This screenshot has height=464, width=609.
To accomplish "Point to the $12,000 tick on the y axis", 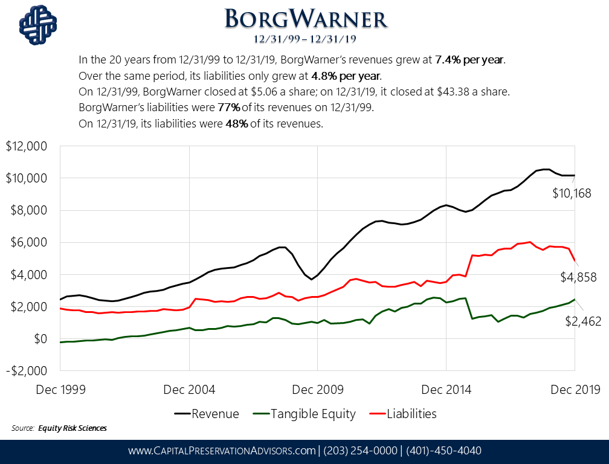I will coord(28,147).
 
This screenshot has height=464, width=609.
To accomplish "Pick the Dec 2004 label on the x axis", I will coord(189,389).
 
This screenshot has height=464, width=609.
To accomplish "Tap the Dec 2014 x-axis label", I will coord(445,389).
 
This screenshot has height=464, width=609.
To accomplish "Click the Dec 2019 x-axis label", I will coord(573,389).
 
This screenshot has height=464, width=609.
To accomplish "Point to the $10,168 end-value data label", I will coord(572,193).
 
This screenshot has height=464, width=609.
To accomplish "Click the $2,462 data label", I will coord(583,321).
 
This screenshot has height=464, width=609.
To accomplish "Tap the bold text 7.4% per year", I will coord(469,60).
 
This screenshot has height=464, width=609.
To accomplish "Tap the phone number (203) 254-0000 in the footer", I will coord(360,451).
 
